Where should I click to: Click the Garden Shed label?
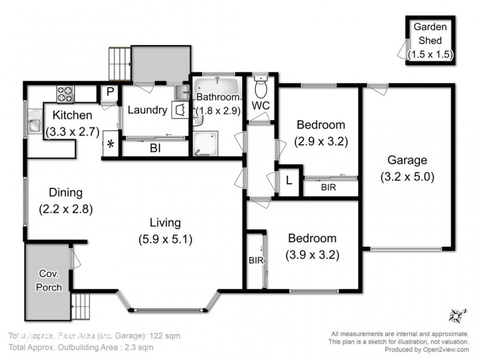[x=430, y=34]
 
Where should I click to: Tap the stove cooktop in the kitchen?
[x=65, y=94]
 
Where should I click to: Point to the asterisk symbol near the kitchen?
[x=110, y=144]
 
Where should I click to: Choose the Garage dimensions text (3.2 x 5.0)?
[x=407, y=177]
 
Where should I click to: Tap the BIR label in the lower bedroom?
[x=254, y=261]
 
